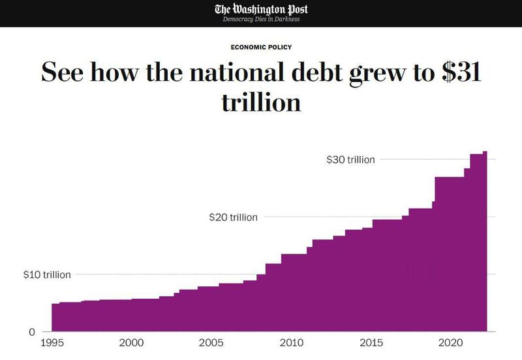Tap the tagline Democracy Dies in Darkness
261,19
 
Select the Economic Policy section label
261,47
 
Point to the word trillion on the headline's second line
261,102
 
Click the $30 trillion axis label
350,159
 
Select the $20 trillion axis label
233,217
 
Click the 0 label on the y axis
30,332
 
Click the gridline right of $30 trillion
424,159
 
